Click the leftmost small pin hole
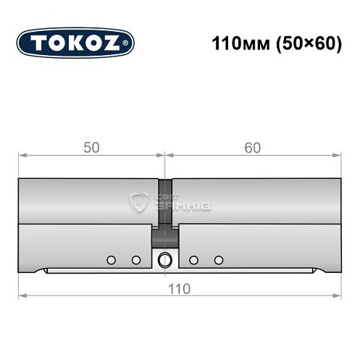tap(111, 259)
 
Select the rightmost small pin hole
tap(218, 259)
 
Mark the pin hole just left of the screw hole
tap(135, 259)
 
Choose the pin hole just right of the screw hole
tap(193, 259)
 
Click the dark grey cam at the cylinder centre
tap(165, 235)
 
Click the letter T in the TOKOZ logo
tap(37, 43)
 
